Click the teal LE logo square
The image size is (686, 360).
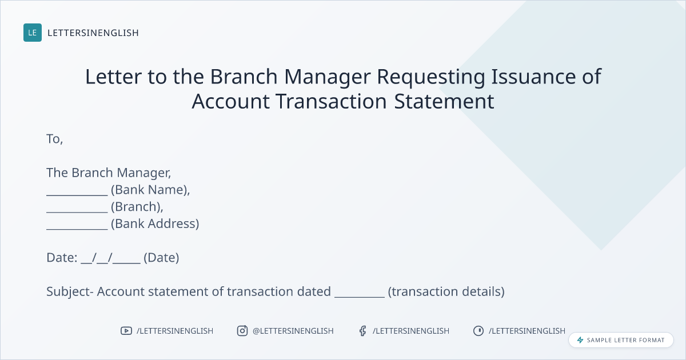pyautogui.click(x=33, y=33)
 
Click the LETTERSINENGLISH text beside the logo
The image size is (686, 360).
pyautogui.click(x=93, y=33)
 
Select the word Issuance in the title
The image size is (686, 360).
pyautogui.click(x=533, y=76)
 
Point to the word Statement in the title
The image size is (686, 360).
pyautogui.click(x=444, y=101)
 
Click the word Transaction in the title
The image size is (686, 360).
pyautogui.click(x=331, y=101)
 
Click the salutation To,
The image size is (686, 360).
pyautogui.click(x=54, y=139)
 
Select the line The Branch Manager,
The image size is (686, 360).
pyautogui.click(x=109, y=173)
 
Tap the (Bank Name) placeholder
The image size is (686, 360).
pyautogui.click(x=150, y=190)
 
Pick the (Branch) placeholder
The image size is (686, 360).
pyautogui.click(x=137, y=207)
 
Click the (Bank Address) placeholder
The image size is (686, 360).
pyautogui.click(x=155, y=224)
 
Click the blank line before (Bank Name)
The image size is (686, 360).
pyautogui.click(x=77, y=195)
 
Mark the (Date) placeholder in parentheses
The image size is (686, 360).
pyautogui.click(x=161, y=258)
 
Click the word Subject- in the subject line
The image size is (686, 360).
pyautogui.click(x=70, y=292)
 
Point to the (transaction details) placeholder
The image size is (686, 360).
pyautogui.click(x=446, y=292)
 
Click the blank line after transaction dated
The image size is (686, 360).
pyautogui.click(x=359, y=297)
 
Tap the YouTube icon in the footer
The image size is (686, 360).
pyautogui.click(x=126, y=331)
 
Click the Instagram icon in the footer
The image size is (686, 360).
pyautogui.click(x=242, y=331)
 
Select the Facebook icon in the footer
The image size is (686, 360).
pyautogui.click(x=363, y=331)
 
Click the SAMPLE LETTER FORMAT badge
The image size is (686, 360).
pyautogui.click(x=621, y=340)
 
